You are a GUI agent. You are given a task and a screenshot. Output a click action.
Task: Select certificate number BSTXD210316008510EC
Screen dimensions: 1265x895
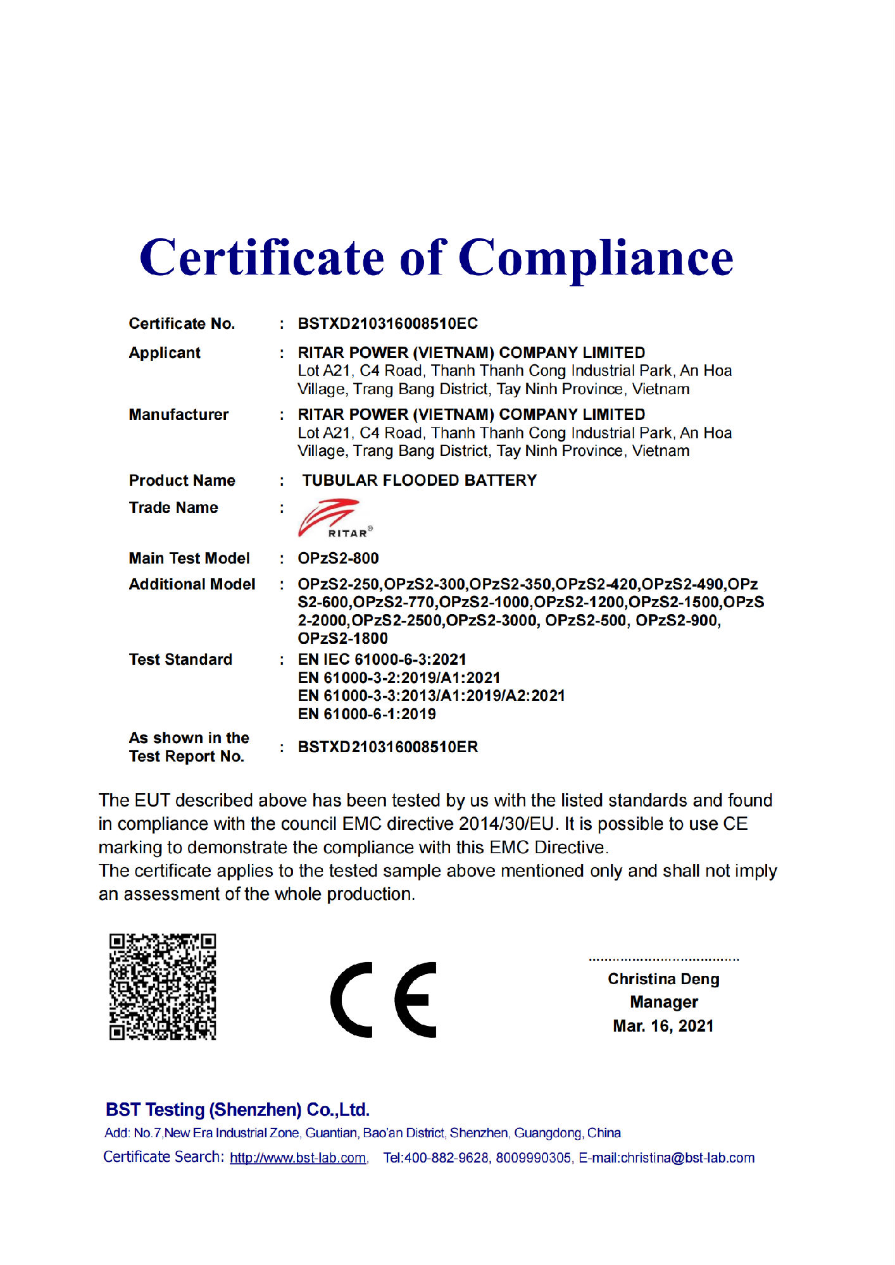click(x=387, y=324)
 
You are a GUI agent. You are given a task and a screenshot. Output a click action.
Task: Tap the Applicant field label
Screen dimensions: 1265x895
click(x=165, y=353)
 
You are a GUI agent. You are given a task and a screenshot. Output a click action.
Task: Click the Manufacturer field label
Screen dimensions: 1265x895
click(x=178, y=415)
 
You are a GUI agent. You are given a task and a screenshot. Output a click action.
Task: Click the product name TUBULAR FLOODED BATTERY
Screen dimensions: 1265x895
click(x=419, y=481)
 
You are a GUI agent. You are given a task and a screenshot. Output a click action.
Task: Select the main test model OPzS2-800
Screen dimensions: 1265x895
click(x=338, y=558)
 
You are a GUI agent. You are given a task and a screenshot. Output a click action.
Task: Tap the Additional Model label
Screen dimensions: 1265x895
click(x=192, y=584)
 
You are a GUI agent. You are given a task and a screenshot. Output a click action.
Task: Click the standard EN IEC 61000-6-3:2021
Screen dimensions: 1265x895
click(x=382, y=660)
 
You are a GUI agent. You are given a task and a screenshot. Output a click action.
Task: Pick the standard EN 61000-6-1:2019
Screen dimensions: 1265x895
click(x=366, y=714)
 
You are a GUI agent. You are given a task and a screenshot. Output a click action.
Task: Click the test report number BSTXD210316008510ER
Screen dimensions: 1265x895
click(x=387, y=747)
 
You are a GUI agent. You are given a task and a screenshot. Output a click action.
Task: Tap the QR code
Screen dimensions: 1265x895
click(x=163, y=986)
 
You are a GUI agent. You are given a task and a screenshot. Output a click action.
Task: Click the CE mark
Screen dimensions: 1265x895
click(x=384, y=999)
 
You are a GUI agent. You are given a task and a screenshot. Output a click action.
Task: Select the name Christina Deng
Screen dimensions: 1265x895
click(x=663, y=979)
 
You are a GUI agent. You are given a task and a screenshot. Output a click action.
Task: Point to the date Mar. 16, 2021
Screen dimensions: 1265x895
click(x=663, y=1026)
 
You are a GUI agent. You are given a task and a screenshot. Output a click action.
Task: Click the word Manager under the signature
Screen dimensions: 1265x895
click(x=663, y=1003)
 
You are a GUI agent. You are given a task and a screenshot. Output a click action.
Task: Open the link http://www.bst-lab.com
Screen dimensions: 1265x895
click(x=297, y=1158)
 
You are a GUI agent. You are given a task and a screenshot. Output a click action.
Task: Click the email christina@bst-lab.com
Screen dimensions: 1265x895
click(x=687, y=1158)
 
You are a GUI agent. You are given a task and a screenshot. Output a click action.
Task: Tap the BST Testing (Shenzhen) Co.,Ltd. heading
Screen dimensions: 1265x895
click(x=237, y=1110)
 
